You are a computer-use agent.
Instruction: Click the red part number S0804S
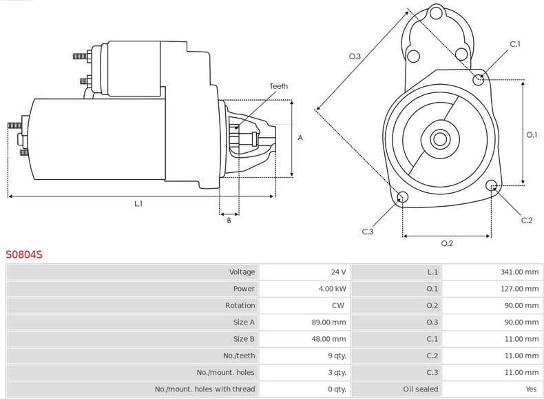24,254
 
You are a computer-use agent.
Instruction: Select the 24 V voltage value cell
338,272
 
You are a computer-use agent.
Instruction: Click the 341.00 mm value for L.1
519,272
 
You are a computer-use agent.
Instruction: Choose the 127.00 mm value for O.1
519,289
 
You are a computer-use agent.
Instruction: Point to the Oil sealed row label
420,389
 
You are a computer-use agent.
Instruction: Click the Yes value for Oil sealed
531,389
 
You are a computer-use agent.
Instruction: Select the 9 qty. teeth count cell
337,356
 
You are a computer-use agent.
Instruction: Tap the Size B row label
244,339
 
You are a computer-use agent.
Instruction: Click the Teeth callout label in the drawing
279,86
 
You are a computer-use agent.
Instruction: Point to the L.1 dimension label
138,204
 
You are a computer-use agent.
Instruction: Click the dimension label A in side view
300,138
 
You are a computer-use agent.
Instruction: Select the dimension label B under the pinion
229,221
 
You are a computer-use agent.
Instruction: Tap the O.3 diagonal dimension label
355,56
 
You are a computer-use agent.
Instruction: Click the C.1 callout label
514,44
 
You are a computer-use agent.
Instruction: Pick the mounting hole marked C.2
492,185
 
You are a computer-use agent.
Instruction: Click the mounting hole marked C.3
403,198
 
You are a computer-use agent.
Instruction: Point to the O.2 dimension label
446,243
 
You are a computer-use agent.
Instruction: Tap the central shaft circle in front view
439,139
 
